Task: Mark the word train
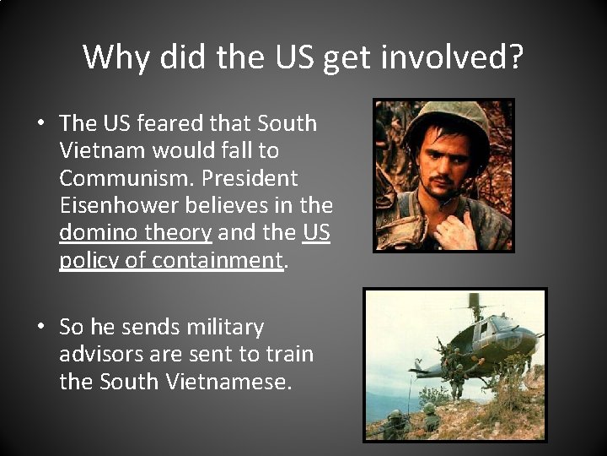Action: pos(287,354)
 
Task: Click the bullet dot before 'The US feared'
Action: pos(40,124)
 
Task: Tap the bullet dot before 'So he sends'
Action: pos(40,328)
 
